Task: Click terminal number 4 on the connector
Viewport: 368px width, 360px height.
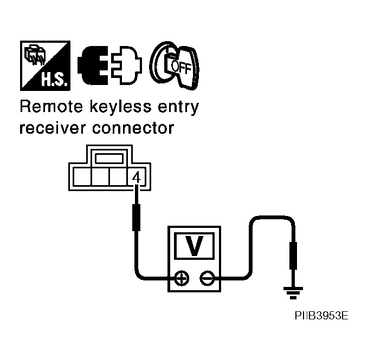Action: pyautogui.click(x=136, y=176)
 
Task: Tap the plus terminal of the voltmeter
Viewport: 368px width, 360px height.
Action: pyautogui.click(x=182, y=279)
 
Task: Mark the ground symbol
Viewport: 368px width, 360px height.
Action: pyautogui.click(x=293, y=294)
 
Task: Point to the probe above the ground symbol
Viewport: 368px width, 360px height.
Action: pyautogui.click(x=293, y=256)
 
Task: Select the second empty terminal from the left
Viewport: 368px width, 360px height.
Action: pyautogui.click(x=100, y=177)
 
